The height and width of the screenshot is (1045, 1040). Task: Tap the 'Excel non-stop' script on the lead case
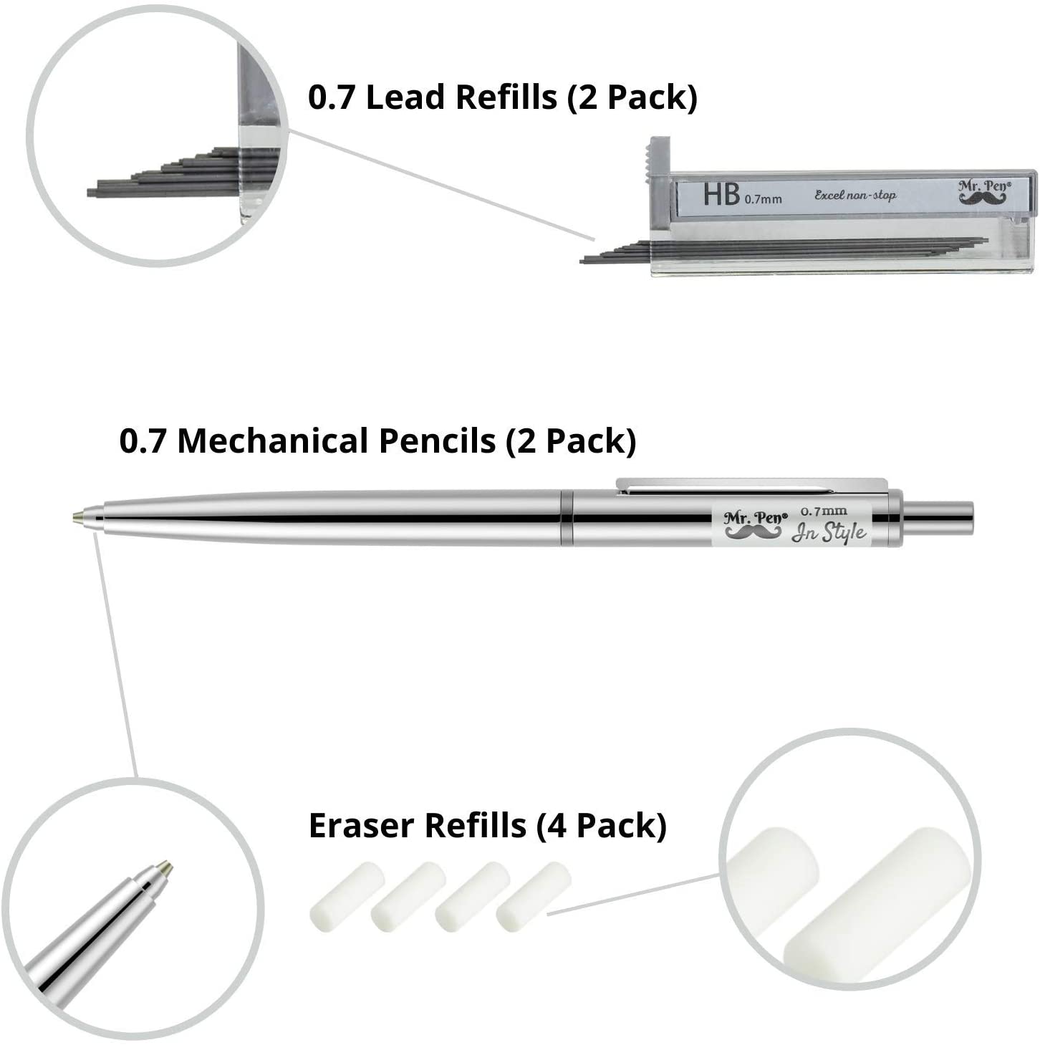[855, 195]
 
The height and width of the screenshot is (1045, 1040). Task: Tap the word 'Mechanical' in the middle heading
[336, 440]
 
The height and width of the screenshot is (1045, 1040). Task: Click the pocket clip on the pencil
[751, 486]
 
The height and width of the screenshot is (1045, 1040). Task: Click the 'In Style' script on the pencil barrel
[829, 533]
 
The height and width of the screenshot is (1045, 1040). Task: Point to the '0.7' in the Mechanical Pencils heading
[142, 441]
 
